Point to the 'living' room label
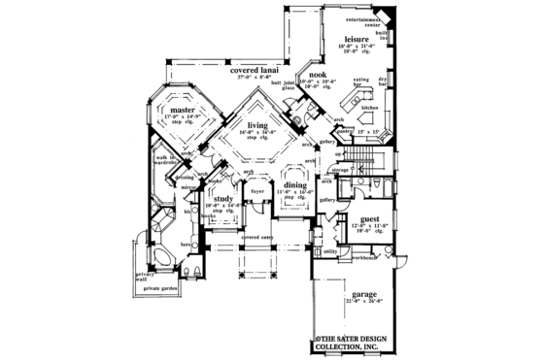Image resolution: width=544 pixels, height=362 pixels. click(x=257, y=125)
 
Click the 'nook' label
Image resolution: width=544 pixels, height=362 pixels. click(x=316, y=75)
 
